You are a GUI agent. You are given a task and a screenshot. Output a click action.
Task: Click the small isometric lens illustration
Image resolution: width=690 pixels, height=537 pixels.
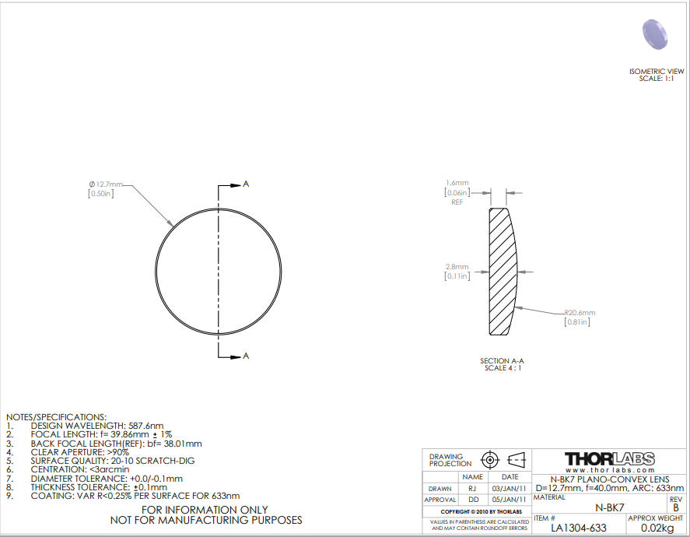pos(655,34)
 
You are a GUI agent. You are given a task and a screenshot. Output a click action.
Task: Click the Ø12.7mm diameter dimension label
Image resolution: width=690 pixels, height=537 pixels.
pos(106,184)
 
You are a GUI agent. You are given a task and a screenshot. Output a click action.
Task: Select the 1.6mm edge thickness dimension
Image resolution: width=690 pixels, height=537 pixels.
pos(457,183)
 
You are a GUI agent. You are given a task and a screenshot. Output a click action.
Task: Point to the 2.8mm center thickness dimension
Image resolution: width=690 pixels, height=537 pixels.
pos(457,267)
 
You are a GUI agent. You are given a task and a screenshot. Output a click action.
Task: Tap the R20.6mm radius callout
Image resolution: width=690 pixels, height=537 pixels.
pos(580,313)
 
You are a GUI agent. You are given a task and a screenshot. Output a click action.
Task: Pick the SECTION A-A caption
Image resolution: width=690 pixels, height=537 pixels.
pos(502,361)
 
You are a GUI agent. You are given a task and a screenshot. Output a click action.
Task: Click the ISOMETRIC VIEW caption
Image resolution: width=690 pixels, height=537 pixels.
pos(657,72)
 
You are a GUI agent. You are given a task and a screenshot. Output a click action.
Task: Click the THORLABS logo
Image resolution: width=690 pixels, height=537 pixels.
pos(610,459)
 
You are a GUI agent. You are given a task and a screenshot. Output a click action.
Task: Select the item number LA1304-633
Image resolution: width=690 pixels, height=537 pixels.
pos(579,528)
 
